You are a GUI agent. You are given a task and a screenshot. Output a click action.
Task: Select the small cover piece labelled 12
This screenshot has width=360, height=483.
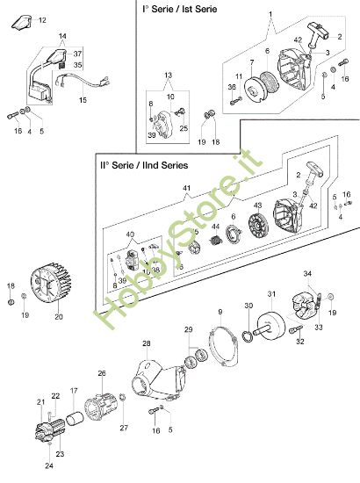point(24,21)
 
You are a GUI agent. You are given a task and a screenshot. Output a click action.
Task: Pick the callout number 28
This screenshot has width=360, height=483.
point(147,342)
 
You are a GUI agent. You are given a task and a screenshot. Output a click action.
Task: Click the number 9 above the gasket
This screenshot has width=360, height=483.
point(220,312)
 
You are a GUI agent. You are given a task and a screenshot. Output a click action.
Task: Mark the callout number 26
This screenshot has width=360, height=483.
point(101,373)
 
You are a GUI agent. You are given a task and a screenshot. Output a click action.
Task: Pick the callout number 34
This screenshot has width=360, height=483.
point(307,275)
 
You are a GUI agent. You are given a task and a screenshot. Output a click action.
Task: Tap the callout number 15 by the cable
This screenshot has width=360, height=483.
point(83,100)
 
